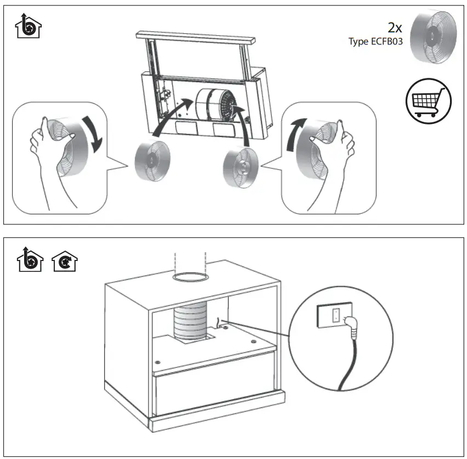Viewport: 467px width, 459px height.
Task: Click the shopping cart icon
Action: (x=428, y=101)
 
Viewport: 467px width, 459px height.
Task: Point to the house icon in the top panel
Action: (x=29, y=27)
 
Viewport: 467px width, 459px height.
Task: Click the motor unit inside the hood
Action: (x=215, y=105)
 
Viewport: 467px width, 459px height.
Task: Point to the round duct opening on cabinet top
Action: (x=189, y=279)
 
